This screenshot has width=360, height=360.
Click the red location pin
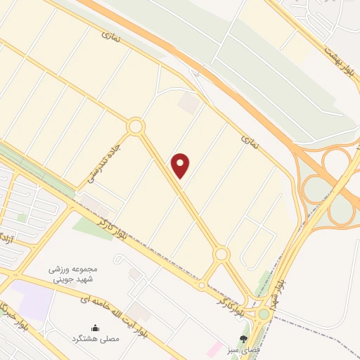(x=181, y=165)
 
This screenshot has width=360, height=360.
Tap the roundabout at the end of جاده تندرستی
(x=136, y=127)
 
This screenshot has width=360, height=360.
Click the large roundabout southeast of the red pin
(x=221, y=253)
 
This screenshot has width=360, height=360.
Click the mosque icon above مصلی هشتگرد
(x=96, y=328)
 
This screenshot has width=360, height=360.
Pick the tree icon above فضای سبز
(x=243, y=339)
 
